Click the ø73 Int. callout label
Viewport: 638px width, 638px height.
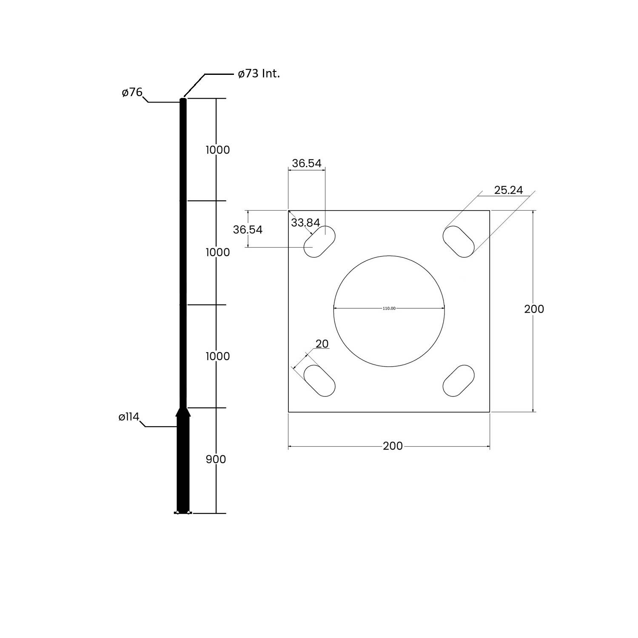click(x=259, y=74)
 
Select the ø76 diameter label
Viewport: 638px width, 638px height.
click(x=132, y=92)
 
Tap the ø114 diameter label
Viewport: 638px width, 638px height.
click(x=129, y=417)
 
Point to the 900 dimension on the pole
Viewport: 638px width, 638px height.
click(x=216, y=459)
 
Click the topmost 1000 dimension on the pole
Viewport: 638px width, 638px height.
click(x=217, y=150)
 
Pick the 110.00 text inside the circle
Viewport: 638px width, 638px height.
click(x=389, y=308)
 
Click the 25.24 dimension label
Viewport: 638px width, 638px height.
click(x=508, y=190)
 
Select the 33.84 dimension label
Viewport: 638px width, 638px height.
click(x=305, y=222)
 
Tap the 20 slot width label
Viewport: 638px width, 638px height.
click(x=322, y=344)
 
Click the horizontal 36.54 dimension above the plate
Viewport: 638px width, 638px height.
click(x=307, y=163)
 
